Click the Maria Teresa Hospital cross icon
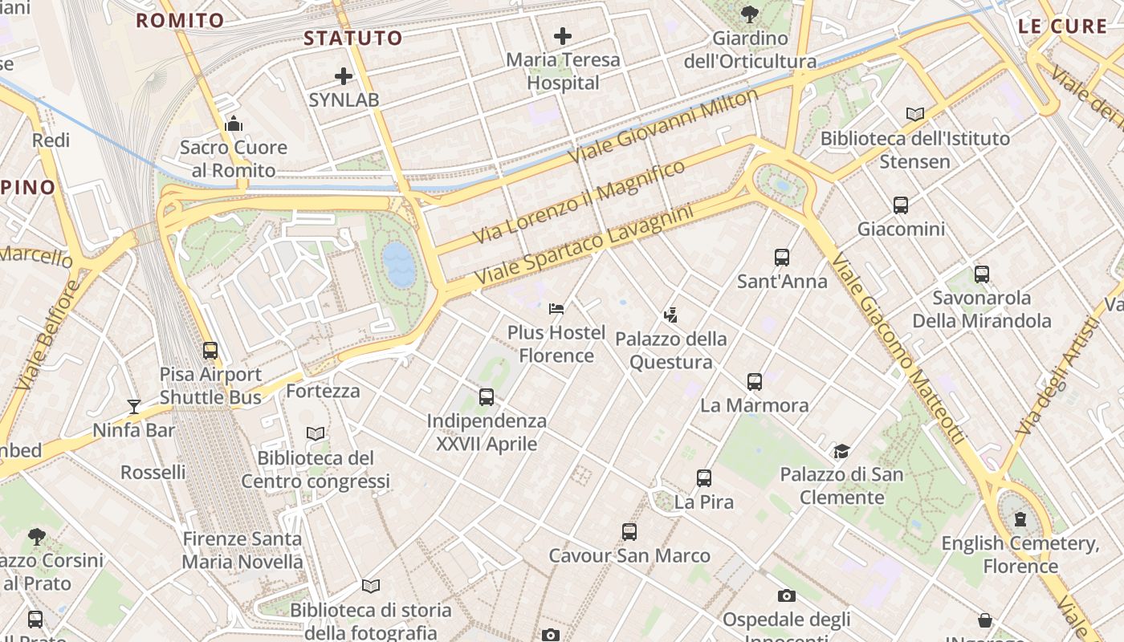[x=563, y=35]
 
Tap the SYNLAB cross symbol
[x=344, y=76]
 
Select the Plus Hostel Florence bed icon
[x=556, y=308]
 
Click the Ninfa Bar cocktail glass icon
[x=134, y=407]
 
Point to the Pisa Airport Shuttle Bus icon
[x=210, y=351]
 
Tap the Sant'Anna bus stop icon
[x=782, y=258]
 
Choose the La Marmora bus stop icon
[x=755, y=382]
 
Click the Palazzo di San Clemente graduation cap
[x=841, y=451]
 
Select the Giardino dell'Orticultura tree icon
[x=750, y=14]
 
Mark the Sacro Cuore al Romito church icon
[x=234, y=124]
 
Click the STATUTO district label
[x=353, y=38]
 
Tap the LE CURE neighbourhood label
[x=1062, y=26]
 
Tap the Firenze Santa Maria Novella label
[x=242, y=550]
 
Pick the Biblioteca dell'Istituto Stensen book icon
[x=915, y=114]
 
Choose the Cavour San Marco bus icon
[x=629, y=532]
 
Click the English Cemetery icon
[x=1020, y=519]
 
